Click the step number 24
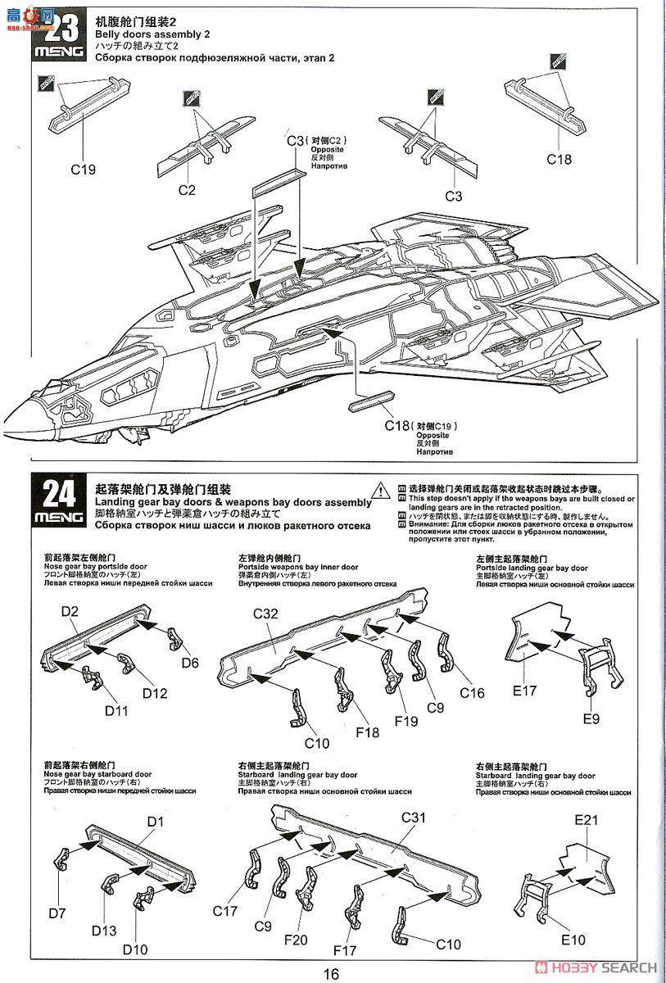tap(59, 493)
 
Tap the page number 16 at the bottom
tap(330, 973)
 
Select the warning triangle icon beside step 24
tap(381, 489)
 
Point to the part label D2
tap(70, 611)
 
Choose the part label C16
tap(471, 693)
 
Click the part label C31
tap(415, 818)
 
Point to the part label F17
tap(348, 950)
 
